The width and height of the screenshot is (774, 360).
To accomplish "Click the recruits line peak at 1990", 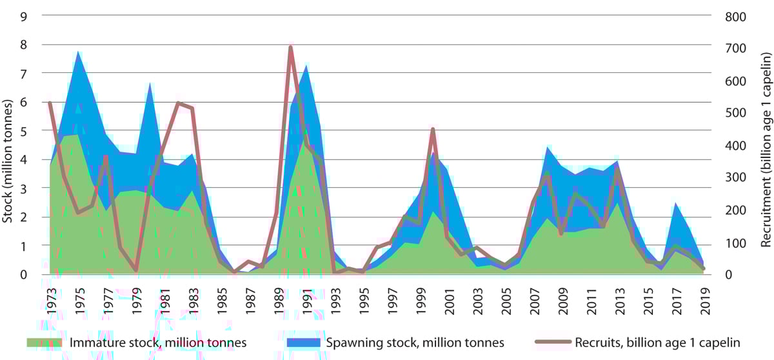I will (x=290, y=47).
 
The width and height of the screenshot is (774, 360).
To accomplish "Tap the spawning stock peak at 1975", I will (x=79, y=52).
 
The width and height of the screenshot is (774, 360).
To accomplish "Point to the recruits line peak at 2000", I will (x=433, y=130).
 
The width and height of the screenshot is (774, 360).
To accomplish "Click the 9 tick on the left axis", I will (x=23, y=17).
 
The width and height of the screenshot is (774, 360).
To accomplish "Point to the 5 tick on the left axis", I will (x=23, y=131).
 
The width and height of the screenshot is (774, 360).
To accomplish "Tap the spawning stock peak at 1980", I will (x=150, y=84).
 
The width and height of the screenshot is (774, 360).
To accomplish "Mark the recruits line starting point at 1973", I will (x=50, y=103).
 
